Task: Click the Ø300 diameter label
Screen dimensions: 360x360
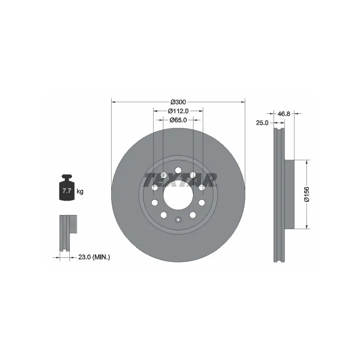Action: [178, 102]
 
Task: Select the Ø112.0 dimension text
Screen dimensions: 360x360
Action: [178, 111]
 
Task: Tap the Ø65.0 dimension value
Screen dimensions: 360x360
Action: [178, 120]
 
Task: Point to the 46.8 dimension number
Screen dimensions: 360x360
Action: [284, 114]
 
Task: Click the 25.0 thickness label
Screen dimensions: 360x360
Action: [262, 123]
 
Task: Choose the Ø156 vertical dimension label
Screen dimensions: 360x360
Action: [307, 194]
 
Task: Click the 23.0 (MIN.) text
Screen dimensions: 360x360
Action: [94, 257]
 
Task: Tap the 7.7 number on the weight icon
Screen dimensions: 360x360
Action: [67, 190]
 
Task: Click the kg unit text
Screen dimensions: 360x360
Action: [80, 191]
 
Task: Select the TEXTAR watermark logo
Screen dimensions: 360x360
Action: [180, 180]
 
